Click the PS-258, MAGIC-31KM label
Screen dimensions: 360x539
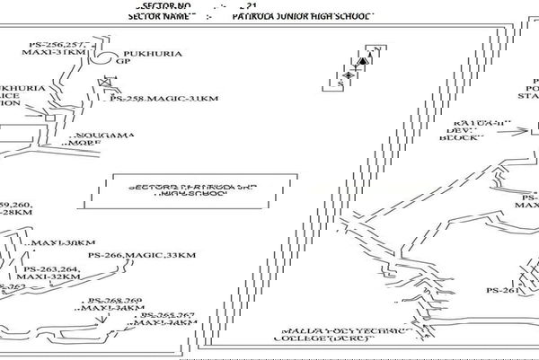pos(163,98)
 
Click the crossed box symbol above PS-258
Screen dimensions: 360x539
pos(104,84)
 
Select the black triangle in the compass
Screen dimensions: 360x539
pos(363,61)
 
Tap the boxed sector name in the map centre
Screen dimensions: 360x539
pos(192,190)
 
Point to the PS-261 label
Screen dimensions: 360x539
pos(503,290)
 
